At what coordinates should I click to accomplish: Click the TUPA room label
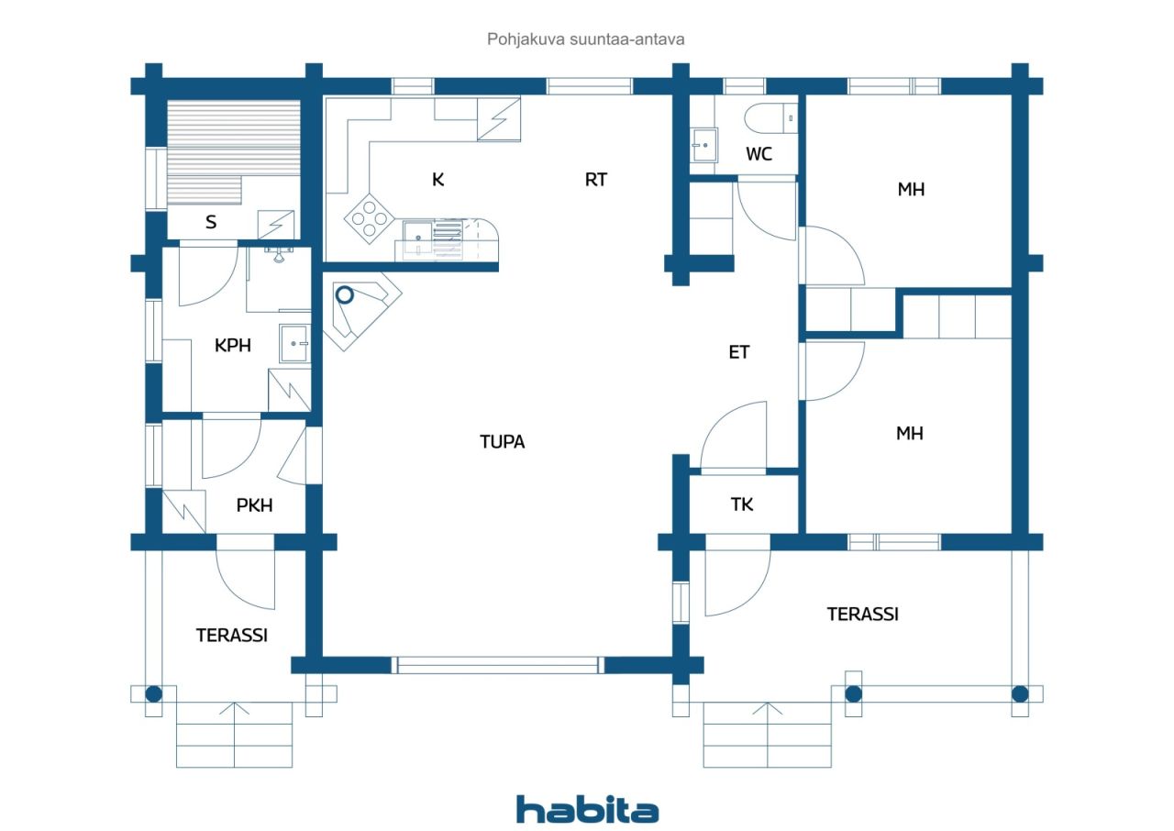point(502,442)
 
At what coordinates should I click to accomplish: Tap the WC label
point(759,154)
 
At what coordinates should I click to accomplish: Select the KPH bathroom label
point(233,345)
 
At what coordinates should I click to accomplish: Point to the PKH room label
point(254,505)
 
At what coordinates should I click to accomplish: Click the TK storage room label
point(742,504)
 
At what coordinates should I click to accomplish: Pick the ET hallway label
point(739,352)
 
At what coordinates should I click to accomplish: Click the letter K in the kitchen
point(438,180)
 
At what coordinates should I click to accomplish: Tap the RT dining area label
point(596,180)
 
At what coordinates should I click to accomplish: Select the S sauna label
point(211,222)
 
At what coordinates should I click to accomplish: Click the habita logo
point(587,810)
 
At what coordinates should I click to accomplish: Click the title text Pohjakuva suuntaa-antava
point(585,39)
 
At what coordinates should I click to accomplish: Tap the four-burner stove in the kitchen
point(369,218)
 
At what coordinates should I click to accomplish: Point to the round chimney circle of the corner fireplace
point(344,295)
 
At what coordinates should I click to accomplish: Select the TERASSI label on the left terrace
point(232,636)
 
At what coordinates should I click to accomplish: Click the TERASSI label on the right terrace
point(863,615)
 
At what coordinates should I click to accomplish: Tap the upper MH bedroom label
point(911,189)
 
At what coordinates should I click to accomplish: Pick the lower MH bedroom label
point(910,433)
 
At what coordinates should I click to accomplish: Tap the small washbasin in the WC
point(703,145)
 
